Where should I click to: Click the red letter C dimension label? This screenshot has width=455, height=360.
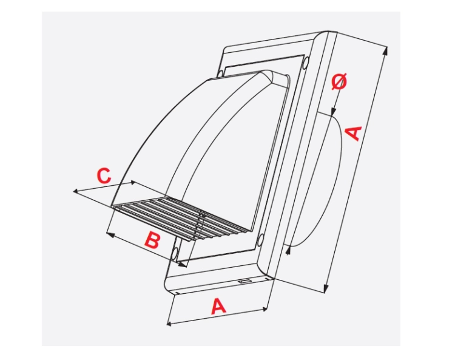coord(104,175)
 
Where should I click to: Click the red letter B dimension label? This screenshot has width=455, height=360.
coord(152,240)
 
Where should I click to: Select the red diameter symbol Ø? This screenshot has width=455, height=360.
coord(339,81)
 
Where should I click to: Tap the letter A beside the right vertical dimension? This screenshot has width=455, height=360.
coord(354,133)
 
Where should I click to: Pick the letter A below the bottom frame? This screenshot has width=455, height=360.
coord(218,307)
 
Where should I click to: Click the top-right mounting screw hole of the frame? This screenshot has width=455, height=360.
coord(305,62)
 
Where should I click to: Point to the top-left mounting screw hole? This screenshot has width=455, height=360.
coord(221,73)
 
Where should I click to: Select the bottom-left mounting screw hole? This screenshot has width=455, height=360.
coord(175,254)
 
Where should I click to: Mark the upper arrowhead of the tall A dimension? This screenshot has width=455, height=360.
coord(385,50)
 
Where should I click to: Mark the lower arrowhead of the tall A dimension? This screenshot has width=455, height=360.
coord(326,288)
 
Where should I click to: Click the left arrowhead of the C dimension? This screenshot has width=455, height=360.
coord(75,191)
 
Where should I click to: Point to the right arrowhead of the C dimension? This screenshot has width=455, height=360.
coord(133,183)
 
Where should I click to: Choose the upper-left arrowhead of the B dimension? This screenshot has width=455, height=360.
coord(110,234)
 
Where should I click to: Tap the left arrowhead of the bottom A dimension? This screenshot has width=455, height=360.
coord(170,324)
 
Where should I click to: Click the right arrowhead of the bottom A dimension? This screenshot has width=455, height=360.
coord(264,309)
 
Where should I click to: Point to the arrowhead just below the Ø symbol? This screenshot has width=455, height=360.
coord(334,112)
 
